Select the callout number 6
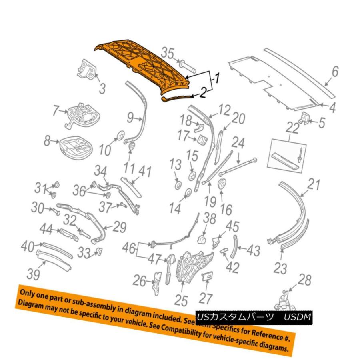click(335, 72)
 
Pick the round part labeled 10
click(119, 136)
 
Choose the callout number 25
click(181, 300)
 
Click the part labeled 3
click(87, 70)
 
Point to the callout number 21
click(314, 185)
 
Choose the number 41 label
click(144, 172)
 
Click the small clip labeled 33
click(100, 252)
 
